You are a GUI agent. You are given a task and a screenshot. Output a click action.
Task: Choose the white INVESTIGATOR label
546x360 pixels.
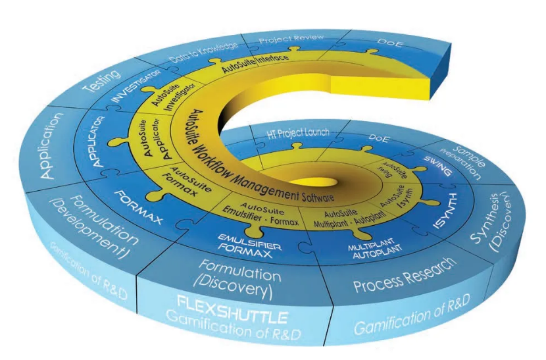pyautogui.click(x=137, y=90)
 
